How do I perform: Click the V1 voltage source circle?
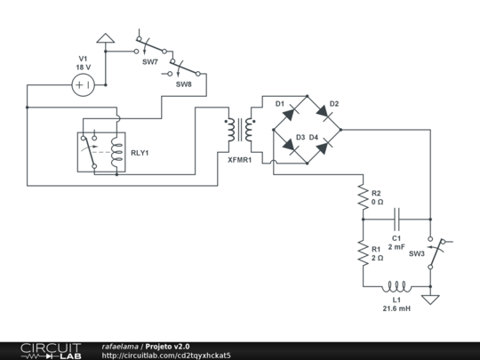(x=83, y=84)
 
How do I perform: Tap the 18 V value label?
(x=83, y=68)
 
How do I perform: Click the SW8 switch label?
(x=183, y=84)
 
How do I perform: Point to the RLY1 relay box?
(x=100, y=152)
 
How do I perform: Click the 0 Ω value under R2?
(x=377, y=203)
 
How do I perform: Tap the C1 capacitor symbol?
(x=397, y=217)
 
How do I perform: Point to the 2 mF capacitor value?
(x=397, y=246)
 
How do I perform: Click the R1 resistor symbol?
(x=363, y=254)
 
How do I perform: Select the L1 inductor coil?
(x=396, y=287)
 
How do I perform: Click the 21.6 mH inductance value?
(x=396, y=308)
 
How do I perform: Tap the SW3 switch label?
(x=416, y=253)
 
